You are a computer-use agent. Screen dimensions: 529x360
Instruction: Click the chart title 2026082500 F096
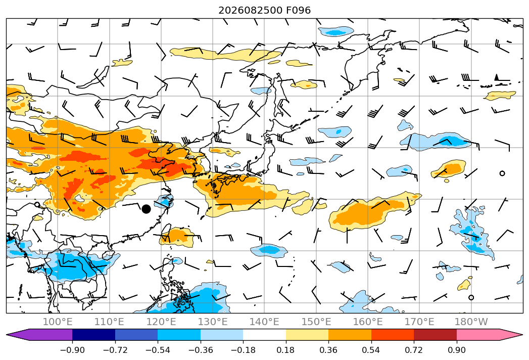(265, 11)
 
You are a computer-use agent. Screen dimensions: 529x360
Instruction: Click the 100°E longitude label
(58, 322)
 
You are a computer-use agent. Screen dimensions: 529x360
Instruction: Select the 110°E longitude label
(109, 322)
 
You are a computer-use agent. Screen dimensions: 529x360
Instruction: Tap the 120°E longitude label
(161, 322)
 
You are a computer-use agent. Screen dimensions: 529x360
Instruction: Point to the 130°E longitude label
(213, 322)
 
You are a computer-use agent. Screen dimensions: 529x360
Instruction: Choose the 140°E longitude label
(264, 322)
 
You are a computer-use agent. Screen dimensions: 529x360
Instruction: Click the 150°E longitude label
(316, 322)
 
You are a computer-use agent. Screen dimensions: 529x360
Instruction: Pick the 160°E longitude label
(368, 322)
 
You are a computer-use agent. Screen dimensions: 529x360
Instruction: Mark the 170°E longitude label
(419, 322)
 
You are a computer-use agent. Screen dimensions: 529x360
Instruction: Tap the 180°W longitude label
(471, 322)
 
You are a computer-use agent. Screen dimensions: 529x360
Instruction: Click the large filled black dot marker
(146, 209)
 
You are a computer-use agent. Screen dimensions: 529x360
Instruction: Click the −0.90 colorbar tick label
(72, 350)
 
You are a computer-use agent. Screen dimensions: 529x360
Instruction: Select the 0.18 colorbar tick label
(286, 350)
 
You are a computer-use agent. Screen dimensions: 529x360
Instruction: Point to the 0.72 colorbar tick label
(414, 350)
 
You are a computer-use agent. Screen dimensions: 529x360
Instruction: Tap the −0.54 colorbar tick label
(158, 350)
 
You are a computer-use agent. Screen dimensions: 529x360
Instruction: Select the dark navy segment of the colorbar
(94, 335)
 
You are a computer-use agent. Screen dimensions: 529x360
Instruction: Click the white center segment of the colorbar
(265, 335)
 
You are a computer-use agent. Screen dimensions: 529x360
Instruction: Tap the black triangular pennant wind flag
(496, 77)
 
